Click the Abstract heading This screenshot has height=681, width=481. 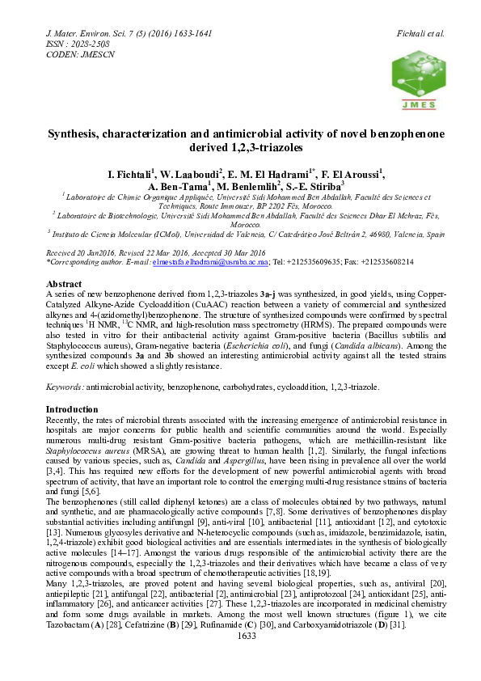[x=64, y=285]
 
